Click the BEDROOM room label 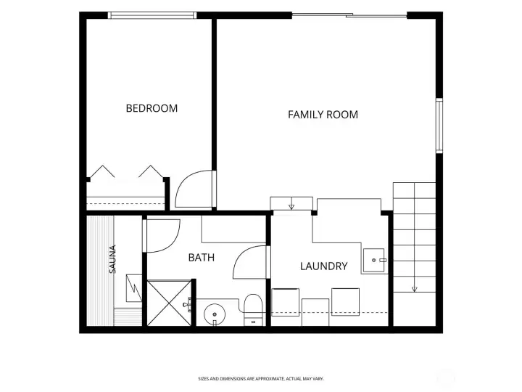pyautogui.click(x=152, y=108)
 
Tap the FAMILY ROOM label pyautogui.click(x=323, y=115)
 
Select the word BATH pyautogui.click(x=202, y=258)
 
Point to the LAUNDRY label pyautogui.click(x=324, y=266)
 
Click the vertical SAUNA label pyautogui.click(x=112, y=259)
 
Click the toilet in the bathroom pyautogui.click(x=253, y=309)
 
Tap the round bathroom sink pyautogui.click(x=215, y=314)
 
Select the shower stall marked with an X pyautogui.click(x=169, y=303)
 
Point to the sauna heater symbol pyautogui.click(x=134, y=288)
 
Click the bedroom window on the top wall pyautogui.click(x=152, y=15)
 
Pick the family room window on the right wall pyautogui.click(x=439, y=126)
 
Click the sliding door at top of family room pyautogui.click(x=349, y=15)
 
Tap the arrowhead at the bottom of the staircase pyautogui.click(x=415, y=289)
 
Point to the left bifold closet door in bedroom pyautogui.click(x=102, y=171)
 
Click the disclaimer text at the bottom pyautogui.click(x=261, y=379)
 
